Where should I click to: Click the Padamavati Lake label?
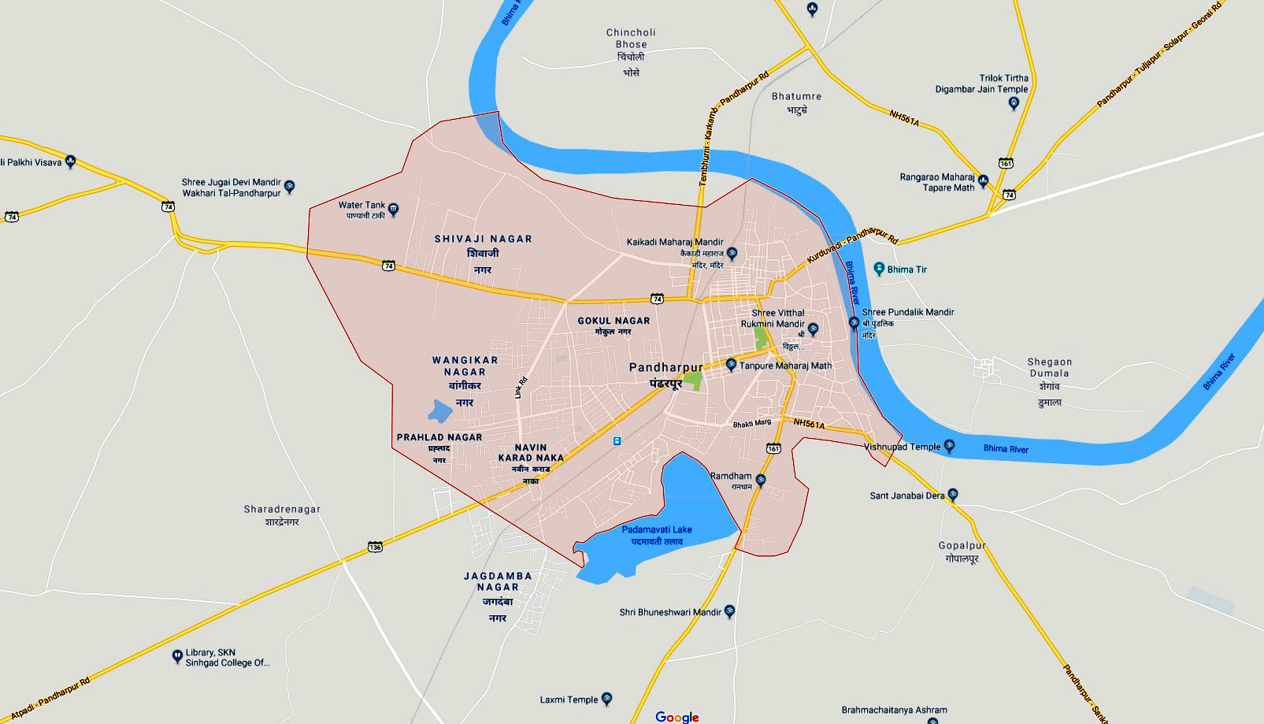tap(657, 535)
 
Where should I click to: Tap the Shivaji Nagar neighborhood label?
tap(483, 253)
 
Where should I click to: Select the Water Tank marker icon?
tap(394, 210)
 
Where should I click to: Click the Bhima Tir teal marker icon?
tap(879, 269)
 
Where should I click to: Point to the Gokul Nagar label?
tap(613, 325)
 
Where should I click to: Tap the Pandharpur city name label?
tap(666, 373)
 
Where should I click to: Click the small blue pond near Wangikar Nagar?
tap(440, 410)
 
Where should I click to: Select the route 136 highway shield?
tap(375, 547)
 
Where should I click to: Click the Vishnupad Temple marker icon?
tap(950, 446)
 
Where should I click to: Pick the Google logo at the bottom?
tap(677, 717)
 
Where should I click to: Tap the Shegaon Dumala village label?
tap(1049, 381)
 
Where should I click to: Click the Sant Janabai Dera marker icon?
tap(953, 495)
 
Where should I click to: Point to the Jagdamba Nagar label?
tap(498, 596)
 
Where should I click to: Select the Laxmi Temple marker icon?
tap(606, 699)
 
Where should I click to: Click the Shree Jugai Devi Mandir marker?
tap(290, 187)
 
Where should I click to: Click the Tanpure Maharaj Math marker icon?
tap(731, 365)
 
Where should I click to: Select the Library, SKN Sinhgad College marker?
tap(177, 656)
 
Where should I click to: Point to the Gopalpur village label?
tap(962, 551)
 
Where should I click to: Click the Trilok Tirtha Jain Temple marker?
tap(1014, 103)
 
